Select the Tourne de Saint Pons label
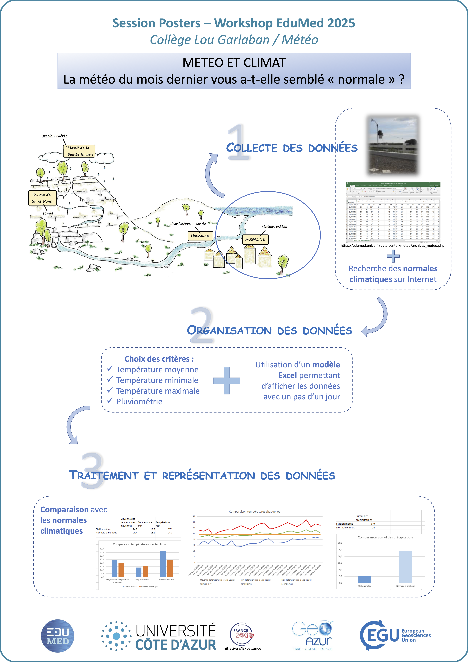coord(42,198)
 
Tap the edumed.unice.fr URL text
coord(392,246)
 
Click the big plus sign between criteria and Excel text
coord(227,381)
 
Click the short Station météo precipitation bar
coord(365,579)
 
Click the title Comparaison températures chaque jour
coord(255,511)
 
